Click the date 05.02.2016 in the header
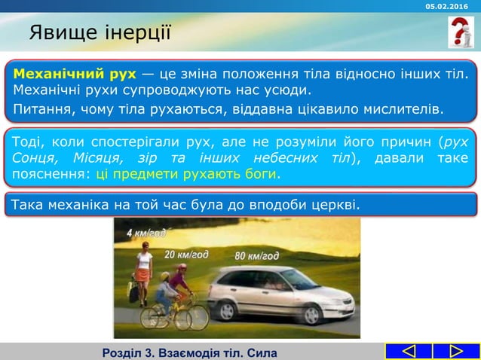(446, 6)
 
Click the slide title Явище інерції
(100, 33)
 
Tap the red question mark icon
(461, 32)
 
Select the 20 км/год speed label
(186, 254)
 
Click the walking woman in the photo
(142, 275)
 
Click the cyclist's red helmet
(181, 267)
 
